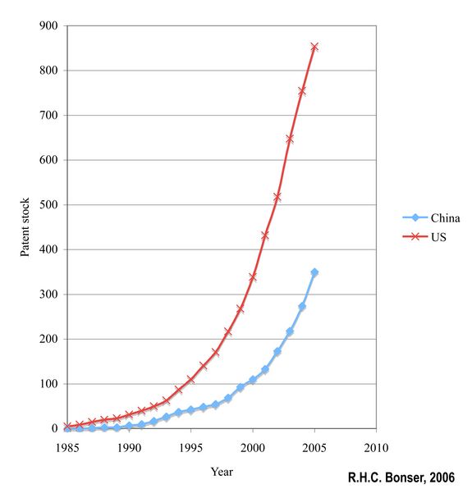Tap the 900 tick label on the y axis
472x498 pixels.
tap(48, 25)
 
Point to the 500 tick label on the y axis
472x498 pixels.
tap(48, 204)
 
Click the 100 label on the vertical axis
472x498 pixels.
tap(48, 383)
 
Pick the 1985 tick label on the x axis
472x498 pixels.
tap(67, 448)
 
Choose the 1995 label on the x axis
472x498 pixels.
tap(190, 448)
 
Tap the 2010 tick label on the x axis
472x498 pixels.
tap(376, 448)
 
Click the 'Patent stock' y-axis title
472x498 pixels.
tap(25, 226)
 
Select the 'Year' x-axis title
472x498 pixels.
tap(222, 472)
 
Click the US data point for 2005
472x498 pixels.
tap(314, 47)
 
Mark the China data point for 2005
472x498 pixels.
tap(314, 272)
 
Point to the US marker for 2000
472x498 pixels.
tap(253, 277)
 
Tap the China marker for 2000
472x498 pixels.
tap(253, 380)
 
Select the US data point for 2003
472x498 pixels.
tap(290, 139)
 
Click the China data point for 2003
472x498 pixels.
tap(290, 331)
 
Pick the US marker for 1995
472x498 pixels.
tap(190, 379)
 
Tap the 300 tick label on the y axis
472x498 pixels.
tap(48, 294)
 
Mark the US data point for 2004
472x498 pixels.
tap(302, 91)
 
